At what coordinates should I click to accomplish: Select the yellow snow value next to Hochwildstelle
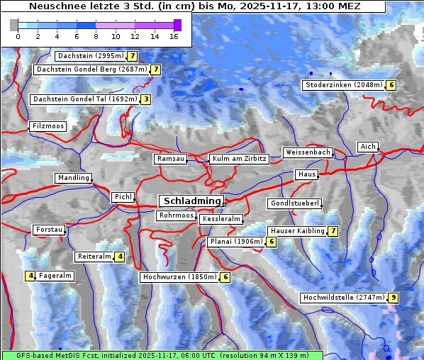(x=393, y=298)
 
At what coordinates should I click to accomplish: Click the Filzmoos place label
(x=48, y=126)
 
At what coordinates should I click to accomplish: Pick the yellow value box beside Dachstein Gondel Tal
(x=145, y=99)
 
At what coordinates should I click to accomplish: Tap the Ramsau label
(x=171, y=159)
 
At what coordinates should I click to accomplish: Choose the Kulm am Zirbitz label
(x=240, y=159)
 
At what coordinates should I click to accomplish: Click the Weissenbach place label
(x=308, y=152)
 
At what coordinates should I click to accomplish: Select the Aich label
(x=368, y=147)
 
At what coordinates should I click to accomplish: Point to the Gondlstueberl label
(x=295, y=203)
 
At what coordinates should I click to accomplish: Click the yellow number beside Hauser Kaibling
(x=333, y=231)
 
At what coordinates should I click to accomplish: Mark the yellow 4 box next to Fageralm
(x=30, y=276)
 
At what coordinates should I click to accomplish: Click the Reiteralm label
(x=94, y=257)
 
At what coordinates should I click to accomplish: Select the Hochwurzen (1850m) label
(x=179, y=277)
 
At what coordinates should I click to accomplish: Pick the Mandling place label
(x=74, y=178)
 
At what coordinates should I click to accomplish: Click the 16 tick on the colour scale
(x=173, y=35)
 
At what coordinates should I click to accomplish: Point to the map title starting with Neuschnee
(x=194, y=6)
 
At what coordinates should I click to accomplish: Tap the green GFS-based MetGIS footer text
(x=162, y=354)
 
